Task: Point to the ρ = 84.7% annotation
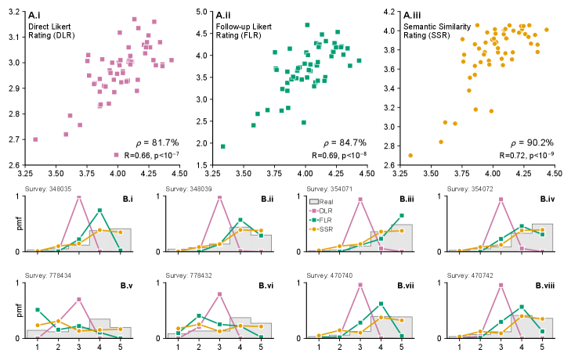point(342,142)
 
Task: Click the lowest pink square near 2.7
point(35,139)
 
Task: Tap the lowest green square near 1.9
point(223,146)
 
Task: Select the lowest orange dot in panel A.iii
point(410,155)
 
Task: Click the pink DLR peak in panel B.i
point(79,196)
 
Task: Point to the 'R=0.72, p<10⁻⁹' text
point(521,157)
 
